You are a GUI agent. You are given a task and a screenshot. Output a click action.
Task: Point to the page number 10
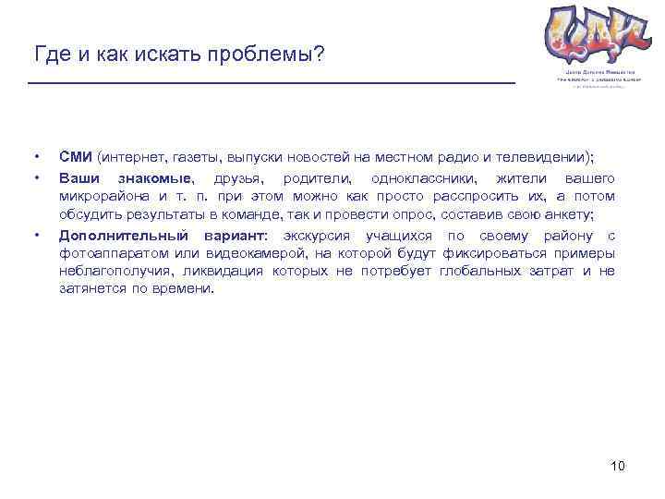coord(618,465)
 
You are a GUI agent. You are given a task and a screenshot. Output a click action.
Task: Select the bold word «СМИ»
coord(76,154)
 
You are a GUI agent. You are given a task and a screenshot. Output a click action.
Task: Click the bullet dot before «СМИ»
coord(36,154)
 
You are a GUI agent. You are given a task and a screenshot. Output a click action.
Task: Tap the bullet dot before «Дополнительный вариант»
coord(36,235)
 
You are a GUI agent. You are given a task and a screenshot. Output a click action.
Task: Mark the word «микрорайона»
coord(102,196)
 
